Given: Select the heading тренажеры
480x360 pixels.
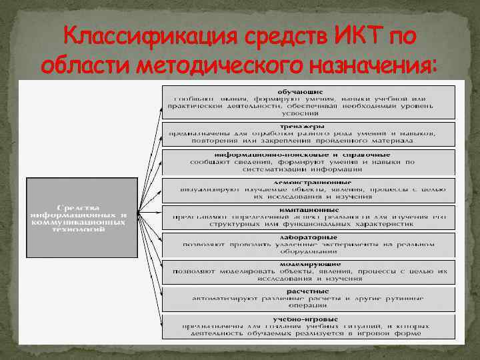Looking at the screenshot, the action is [x=302, y=125].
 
